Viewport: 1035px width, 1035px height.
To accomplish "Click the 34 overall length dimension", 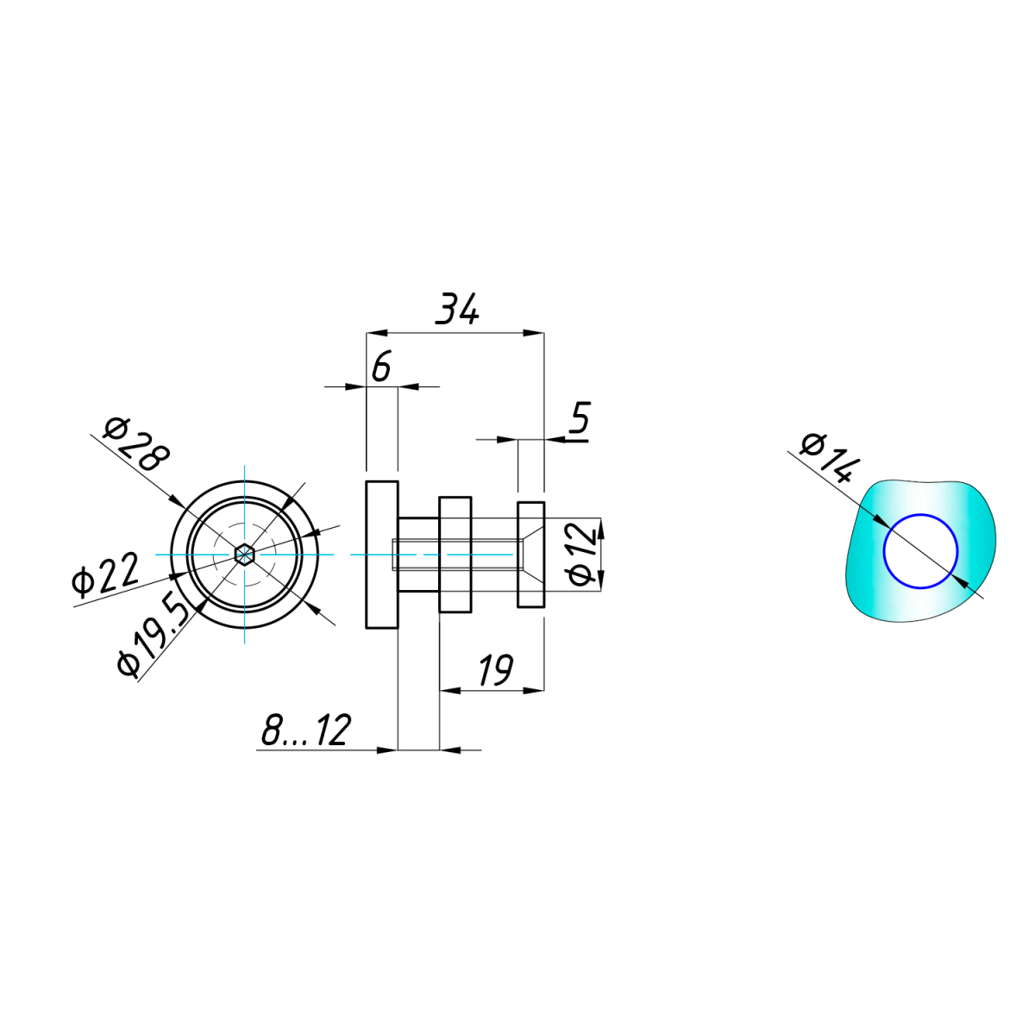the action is pyautogui.click(x=456, y=310).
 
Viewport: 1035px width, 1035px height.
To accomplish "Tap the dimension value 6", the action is pyautogui.click(x=381, y=367).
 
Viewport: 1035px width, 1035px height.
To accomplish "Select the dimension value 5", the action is pyautogui.click(x=580, y=417).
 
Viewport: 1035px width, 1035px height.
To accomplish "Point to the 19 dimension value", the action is pyautogui.click(x=496, y=670).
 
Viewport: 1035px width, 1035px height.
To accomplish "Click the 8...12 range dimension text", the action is pyautogui.click(x=307, y=730).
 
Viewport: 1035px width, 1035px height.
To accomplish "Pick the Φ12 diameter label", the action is pyautogui.click(x=581, y=555).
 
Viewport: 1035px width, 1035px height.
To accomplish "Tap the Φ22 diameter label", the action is pyautogui.click(x=105, y=574).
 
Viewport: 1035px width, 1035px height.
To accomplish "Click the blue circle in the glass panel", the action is pyautogui.click(x=920, y=552).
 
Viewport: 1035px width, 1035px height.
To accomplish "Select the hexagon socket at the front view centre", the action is pyautogui.click(x=244, y=555).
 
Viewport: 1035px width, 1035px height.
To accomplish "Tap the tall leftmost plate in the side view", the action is pyautogui.click(x=382, y=555).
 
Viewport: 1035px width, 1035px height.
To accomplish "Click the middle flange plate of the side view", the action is pyautogui.click(x=455, y=555).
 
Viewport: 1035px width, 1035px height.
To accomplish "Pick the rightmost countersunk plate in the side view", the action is pyautogui.click(x=531, y=555).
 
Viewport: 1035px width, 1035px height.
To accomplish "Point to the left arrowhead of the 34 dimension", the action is pyautogui.click(x=377, y=333).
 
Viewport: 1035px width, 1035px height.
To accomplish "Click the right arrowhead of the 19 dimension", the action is pyautogui.click(x=533, y=690).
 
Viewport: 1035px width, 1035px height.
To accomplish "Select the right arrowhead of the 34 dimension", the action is pyautogui.click(x=533, y=333).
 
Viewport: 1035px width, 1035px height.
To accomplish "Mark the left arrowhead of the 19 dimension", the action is pyautogui.click(x=450, y=690).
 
